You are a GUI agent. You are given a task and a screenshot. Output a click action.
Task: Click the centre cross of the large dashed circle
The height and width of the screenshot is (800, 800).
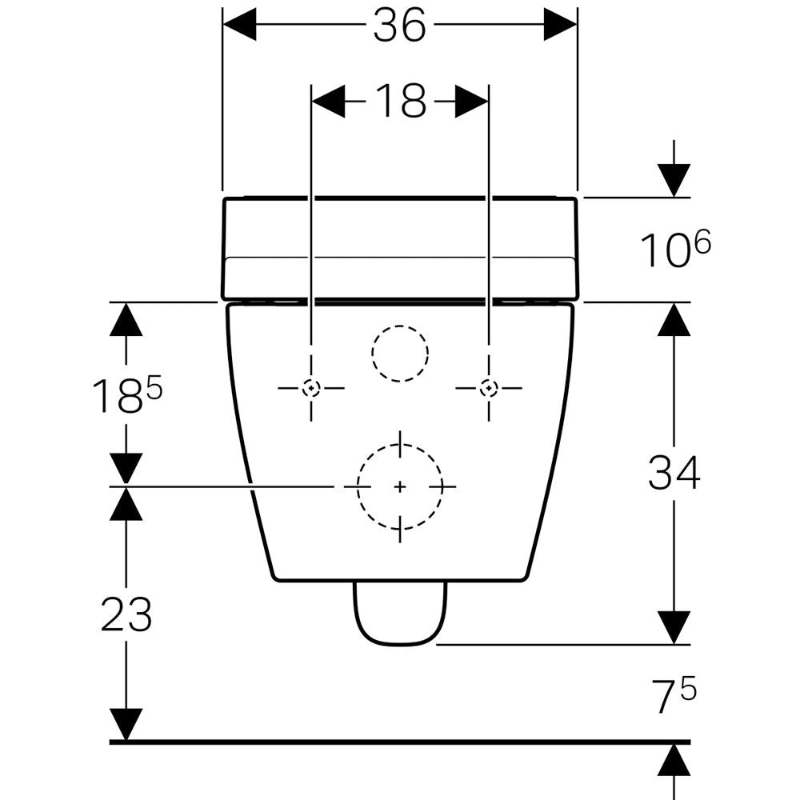[x=401, y=487]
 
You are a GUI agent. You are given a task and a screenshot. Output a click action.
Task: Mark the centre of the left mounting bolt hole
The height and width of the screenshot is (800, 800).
[x=311, y=388]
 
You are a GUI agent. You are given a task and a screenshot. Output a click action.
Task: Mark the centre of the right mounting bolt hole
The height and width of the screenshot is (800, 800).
[x=489, y=388]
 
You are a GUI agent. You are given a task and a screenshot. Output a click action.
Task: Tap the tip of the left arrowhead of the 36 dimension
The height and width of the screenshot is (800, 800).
[x=223, y=24]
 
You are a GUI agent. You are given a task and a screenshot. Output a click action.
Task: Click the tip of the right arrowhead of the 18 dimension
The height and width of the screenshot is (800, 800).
[x=488, y=101]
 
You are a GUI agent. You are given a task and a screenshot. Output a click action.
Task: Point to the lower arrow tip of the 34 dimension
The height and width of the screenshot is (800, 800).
[x=674, y=644]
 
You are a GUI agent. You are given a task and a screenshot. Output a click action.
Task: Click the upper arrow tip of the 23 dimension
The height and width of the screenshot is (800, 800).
[x=126, y=488]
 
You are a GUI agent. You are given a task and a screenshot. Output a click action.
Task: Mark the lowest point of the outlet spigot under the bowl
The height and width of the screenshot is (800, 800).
[x=401, y=646]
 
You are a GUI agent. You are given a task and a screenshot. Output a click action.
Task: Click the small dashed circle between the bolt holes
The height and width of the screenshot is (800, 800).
[x=400, y=353]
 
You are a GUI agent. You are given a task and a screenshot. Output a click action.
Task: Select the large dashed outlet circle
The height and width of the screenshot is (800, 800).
[x=400, y=486]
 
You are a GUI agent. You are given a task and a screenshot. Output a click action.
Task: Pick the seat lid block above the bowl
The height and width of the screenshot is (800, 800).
[x=401, y=248]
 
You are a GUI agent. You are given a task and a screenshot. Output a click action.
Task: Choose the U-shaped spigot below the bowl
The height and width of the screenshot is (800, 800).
[x=401, y=614]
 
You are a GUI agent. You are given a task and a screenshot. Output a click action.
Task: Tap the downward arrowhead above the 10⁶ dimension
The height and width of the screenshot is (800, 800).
[x=674, y=181]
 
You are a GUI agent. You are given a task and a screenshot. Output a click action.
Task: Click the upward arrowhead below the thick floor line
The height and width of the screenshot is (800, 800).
[x=674, y=761]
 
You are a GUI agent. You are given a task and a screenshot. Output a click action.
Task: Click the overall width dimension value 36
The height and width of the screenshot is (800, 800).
[x=399, y=26]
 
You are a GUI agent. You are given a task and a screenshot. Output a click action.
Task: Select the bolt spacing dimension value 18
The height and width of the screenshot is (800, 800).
[x=401, y=101]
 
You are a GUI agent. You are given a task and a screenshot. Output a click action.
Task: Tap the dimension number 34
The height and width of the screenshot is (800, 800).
[x=674, y=473]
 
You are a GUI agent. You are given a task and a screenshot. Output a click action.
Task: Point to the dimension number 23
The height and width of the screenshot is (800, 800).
[x=126, y=614]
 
